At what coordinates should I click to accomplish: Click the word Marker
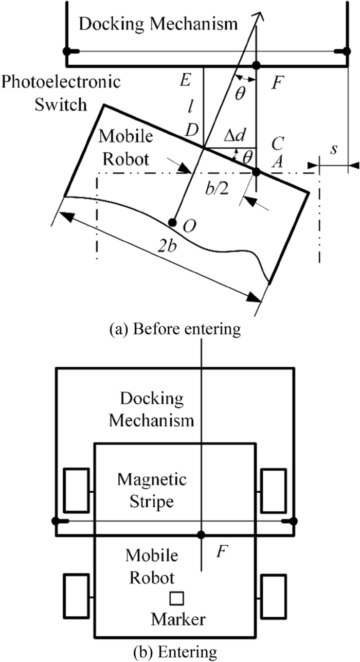coord(178,620)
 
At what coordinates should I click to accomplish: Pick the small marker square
coord(177,599)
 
